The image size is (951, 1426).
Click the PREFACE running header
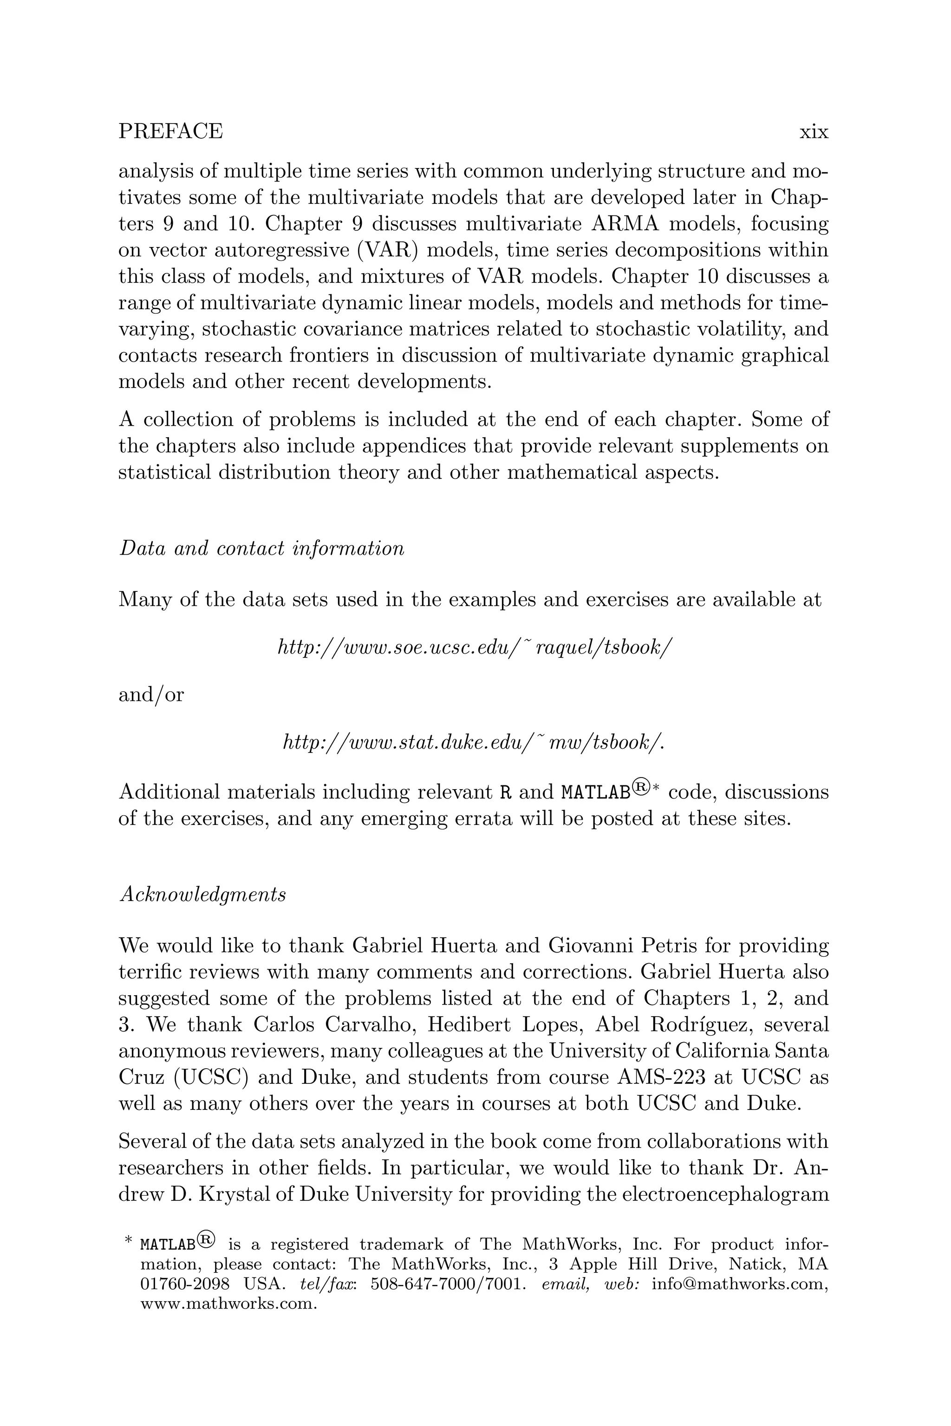click(x=170, y=131)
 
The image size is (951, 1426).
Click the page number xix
click(x=814, y=131)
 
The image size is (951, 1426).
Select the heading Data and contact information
click(x=261, y=549)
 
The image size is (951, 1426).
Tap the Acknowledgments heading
click(x=202, y=894)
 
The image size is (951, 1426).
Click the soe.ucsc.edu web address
click(x=474, y=648)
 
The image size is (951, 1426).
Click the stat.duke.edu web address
click(x=473, y=742)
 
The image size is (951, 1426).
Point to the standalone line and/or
click(x=151, y=695)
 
